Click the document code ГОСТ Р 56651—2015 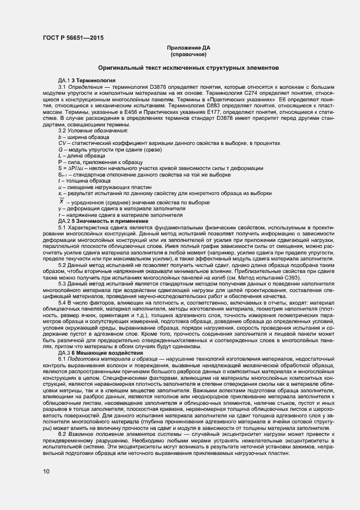pyautogui.click(x=72, y=38)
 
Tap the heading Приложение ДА pyautogui.click(x=188, y=48)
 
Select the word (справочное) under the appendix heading pyautogui.click(x=188, y=55)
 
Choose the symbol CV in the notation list pyautogui.click(x=62, y=143)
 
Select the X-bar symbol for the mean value pyautogui.click(x=62, y=201)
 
